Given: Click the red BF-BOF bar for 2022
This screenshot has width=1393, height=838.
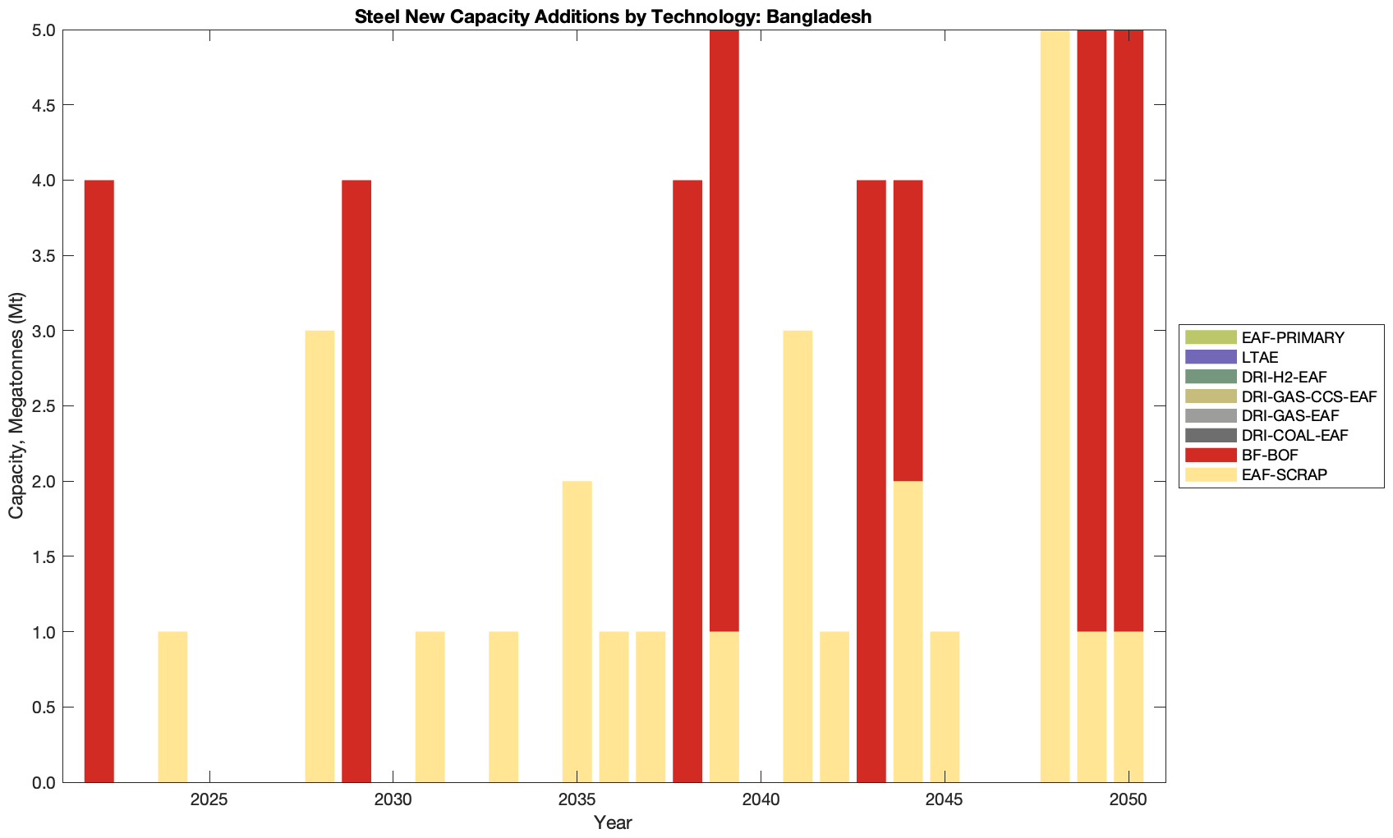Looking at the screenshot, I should coord(99,481).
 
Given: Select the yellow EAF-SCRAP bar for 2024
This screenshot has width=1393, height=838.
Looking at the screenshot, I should coord(172,707).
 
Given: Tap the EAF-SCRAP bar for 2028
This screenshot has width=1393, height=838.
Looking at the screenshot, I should coord(320,556).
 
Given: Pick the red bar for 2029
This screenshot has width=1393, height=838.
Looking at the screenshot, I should coord(356,481).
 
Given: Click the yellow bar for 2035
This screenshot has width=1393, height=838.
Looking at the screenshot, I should coord(577,631).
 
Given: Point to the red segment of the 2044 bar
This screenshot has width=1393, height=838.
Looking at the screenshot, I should coord(908,331).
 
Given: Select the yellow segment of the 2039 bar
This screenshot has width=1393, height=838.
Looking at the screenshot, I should coord(724,707).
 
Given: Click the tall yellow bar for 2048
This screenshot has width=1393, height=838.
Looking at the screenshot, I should coord(1055,406).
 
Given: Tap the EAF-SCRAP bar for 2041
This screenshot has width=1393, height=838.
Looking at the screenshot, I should coord(798,556).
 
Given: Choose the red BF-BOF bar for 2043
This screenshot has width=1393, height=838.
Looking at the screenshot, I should coord(871,481).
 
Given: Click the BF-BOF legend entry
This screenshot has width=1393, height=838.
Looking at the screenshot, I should coord(1270,456).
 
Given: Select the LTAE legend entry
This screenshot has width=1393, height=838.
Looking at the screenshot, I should coord(1260,357).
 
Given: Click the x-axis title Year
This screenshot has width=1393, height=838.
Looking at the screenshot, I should coord(613,822).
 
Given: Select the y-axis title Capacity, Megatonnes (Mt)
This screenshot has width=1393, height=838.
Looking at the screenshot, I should coord(16,405).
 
